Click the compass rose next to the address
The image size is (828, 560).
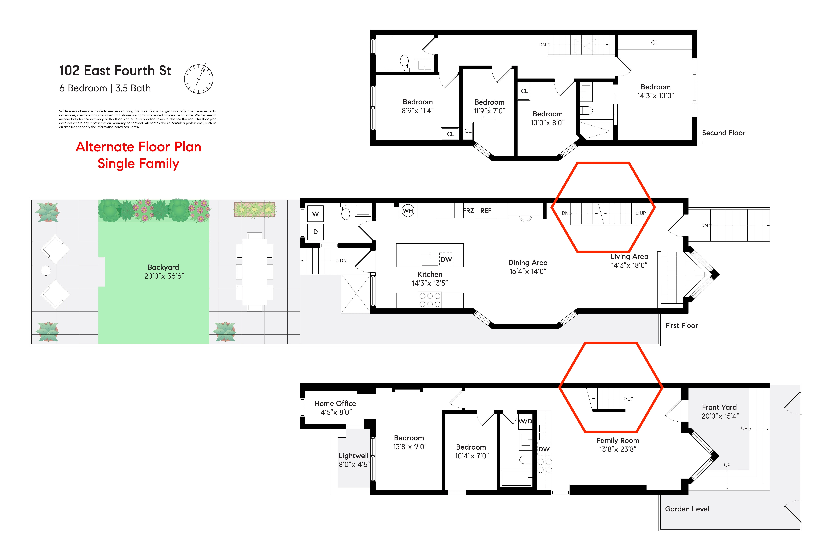click(198, 79)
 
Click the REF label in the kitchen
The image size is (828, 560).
click(486, 211)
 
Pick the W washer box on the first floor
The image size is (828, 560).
click(315, 214)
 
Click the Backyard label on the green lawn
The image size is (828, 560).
click(163, 267)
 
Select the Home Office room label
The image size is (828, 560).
click(335, 403)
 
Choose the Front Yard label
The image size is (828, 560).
click(719, 407)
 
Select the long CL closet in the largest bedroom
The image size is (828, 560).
click(654, 42)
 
